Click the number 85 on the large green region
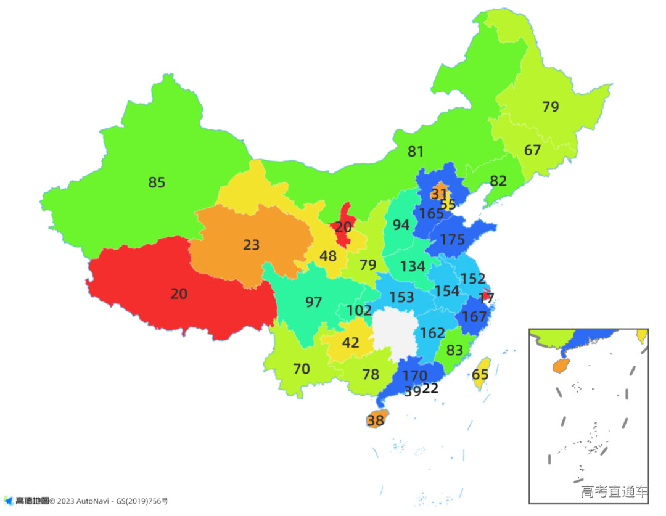pos(157,182)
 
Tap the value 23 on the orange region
pos(251,245)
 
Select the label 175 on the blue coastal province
pos(452,240)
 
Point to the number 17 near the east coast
pos(487,297)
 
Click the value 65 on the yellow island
pos(480,375)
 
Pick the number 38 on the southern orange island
pos(375,421)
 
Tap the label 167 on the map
pos(474,317)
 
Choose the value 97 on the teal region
pos(313,302)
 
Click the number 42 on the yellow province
pos(350,343)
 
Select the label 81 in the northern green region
pos(416,151)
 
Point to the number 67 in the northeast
pos(532,150)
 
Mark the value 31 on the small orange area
pos(439,194)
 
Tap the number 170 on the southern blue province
pos(414,375)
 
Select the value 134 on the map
pos(412,266)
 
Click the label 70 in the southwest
pos(301,369)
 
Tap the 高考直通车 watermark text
pos(614,491)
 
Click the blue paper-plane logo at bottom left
pos(8,501)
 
